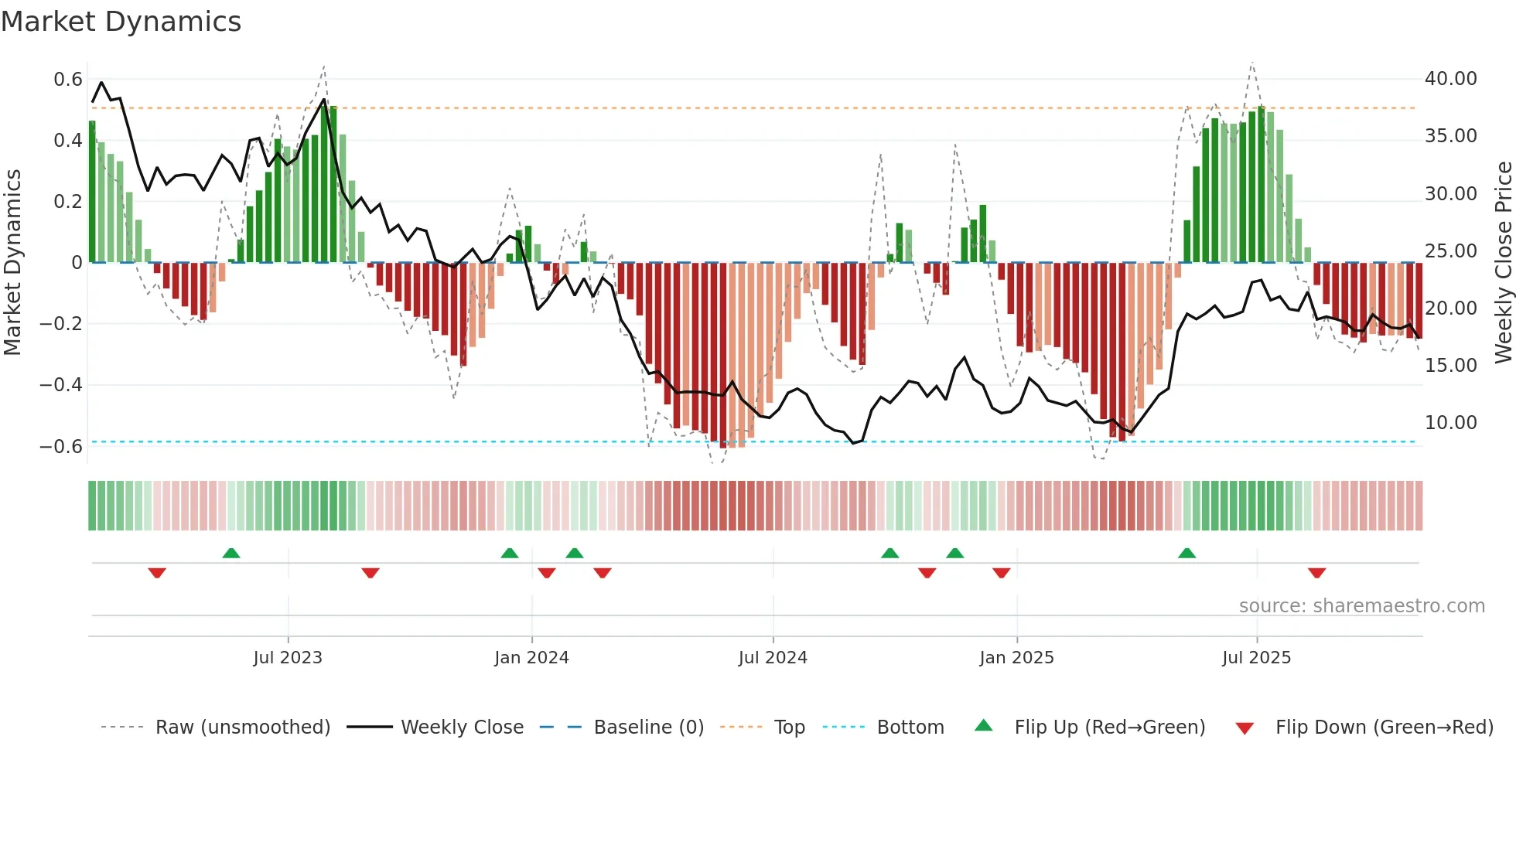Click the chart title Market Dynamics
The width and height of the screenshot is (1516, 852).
[121, 22]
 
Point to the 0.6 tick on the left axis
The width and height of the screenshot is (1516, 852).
[68, 80]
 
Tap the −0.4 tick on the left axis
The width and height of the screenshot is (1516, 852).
[62, 385]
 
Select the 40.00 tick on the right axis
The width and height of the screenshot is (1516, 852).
[1450, 79]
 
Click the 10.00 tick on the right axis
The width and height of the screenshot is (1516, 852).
[1450, 423]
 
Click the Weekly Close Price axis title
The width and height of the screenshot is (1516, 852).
[1503, 262]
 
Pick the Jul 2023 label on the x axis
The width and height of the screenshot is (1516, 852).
[288, 658]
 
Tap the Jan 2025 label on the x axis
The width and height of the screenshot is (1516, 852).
[1016, 658]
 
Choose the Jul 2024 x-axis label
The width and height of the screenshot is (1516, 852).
[773, 658]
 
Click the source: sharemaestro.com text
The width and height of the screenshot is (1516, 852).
[1361, 606]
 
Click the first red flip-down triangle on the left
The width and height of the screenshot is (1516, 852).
[157, 573]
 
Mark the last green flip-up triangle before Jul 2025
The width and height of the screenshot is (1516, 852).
[1187, 553]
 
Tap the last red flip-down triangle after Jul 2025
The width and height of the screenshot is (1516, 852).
[1317, 573]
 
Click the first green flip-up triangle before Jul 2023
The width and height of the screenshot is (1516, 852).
[231, 553]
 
